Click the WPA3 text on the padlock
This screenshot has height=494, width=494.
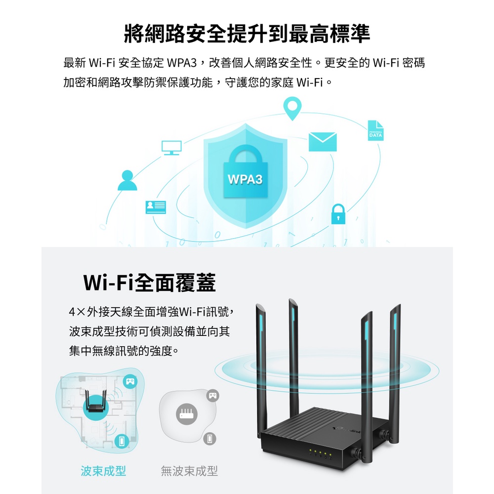pos(246,179)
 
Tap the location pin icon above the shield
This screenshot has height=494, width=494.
pos(292,108)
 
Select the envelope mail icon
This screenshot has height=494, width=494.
pos(323,142)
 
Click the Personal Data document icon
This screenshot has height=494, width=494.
pos(375,130)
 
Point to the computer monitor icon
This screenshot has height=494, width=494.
pos(171,147)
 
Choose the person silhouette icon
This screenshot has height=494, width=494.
pos(127,180)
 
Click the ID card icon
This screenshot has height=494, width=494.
pos(156,207)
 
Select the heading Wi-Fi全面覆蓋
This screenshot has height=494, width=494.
pos(149,283)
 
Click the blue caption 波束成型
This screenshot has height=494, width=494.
pos(103,471)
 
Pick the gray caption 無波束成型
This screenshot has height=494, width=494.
pos(189,471)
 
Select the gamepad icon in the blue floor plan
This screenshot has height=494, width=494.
pos(130,380)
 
